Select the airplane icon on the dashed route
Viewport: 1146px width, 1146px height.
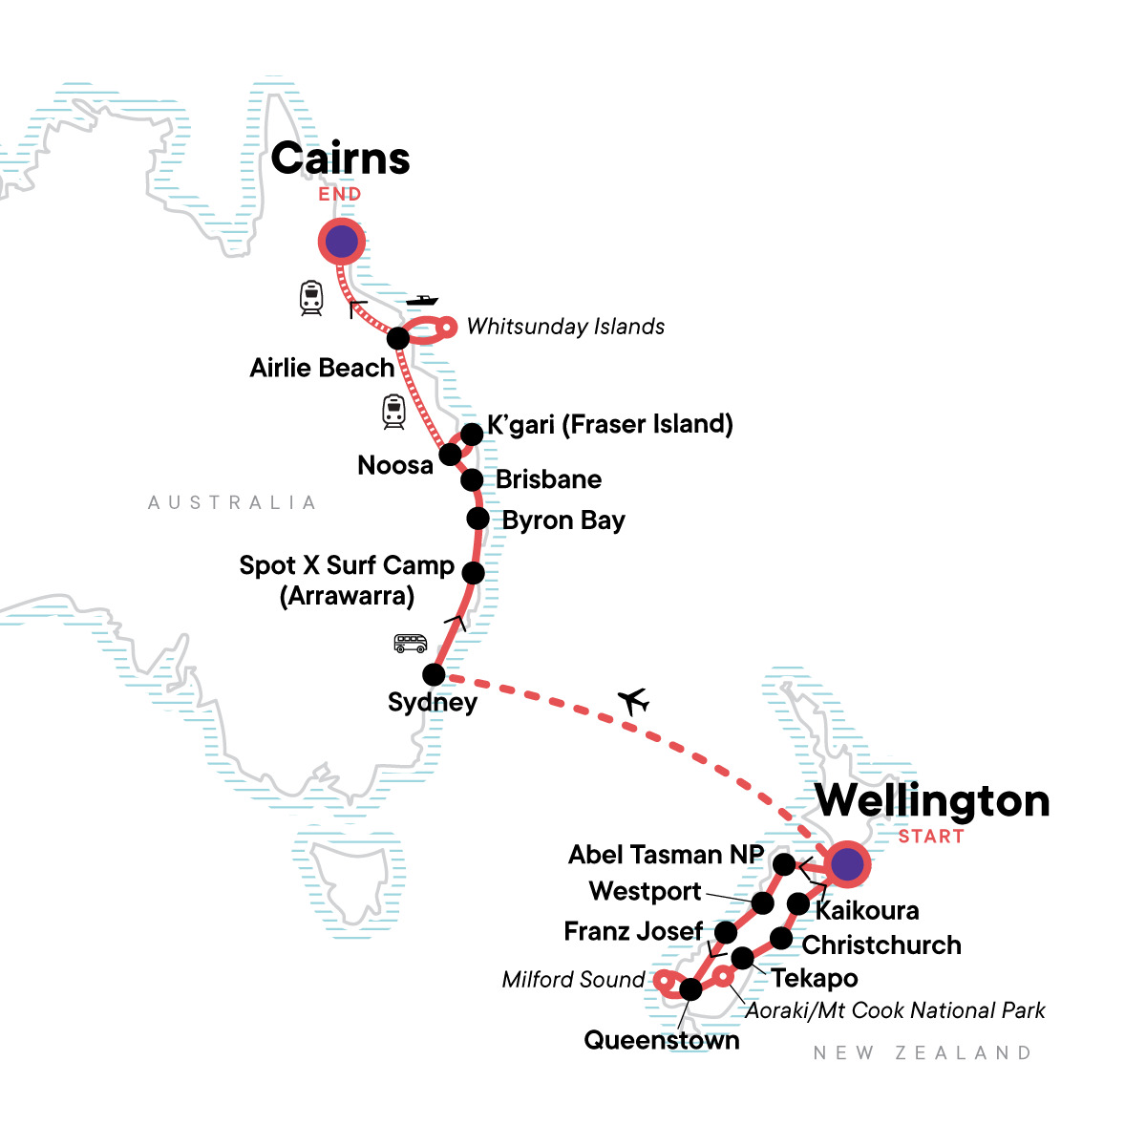(633, 702)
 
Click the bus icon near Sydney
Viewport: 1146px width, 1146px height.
(410, 643)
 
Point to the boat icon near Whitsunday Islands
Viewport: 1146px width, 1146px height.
(421, 301)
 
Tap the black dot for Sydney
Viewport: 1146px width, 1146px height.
(434, 674)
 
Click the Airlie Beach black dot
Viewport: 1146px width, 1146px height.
(398, 338)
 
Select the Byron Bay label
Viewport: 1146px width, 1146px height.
(563, 520)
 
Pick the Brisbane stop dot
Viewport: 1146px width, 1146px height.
(472, 479)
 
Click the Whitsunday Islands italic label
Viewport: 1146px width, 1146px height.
(565, 327)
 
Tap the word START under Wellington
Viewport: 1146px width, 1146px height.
(931, 837)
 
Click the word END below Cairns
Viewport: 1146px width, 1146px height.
(340, 194)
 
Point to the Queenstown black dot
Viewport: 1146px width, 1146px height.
(690, 989)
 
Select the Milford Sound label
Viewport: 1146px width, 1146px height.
(574, 980)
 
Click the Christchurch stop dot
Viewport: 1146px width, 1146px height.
(781, 939)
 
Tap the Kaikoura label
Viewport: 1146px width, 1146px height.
(867, 910)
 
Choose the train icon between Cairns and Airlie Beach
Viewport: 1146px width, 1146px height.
(311, 298)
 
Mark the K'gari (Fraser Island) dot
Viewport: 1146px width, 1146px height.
(472, 435)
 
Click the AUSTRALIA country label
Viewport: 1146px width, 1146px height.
(232, 502)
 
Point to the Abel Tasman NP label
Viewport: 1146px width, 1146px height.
(666, 855)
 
